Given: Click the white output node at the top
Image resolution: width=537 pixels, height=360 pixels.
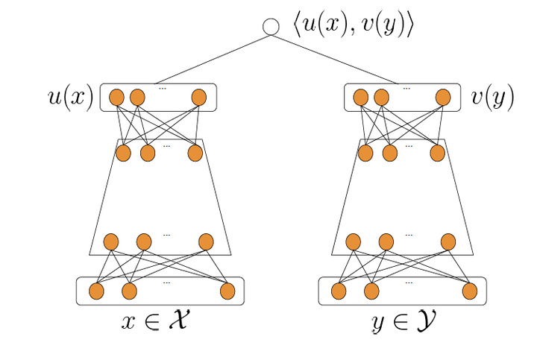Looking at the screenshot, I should (271, 27).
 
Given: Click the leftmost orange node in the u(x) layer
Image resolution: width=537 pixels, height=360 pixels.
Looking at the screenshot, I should (116, 98).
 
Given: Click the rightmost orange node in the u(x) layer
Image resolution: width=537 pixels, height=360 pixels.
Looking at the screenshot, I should (198, 98).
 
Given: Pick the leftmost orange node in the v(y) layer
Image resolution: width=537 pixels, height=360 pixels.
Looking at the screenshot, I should (360, 98).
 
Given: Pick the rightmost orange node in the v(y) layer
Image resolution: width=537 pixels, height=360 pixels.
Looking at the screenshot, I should (443, 98).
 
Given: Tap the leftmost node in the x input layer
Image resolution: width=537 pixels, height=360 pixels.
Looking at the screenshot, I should (96, 291).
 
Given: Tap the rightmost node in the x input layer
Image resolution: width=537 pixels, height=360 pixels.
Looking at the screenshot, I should (227, 291).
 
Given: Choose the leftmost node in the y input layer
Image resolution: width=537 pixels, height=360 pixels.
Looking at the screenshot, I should (339, 291).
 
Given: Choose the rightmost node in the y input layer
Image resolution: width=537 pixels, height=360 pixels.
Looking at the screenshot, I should (470, 291).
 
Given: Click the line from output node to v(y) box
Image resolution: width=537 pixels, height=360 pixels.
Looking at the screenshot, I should (332, 59).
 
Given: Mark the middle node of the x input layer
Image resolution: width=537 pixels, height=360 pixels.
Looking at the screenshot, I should (130, 291).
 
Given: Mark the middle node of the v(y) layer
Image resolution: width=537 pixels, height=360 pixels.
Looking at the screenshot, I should (382, 98).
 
